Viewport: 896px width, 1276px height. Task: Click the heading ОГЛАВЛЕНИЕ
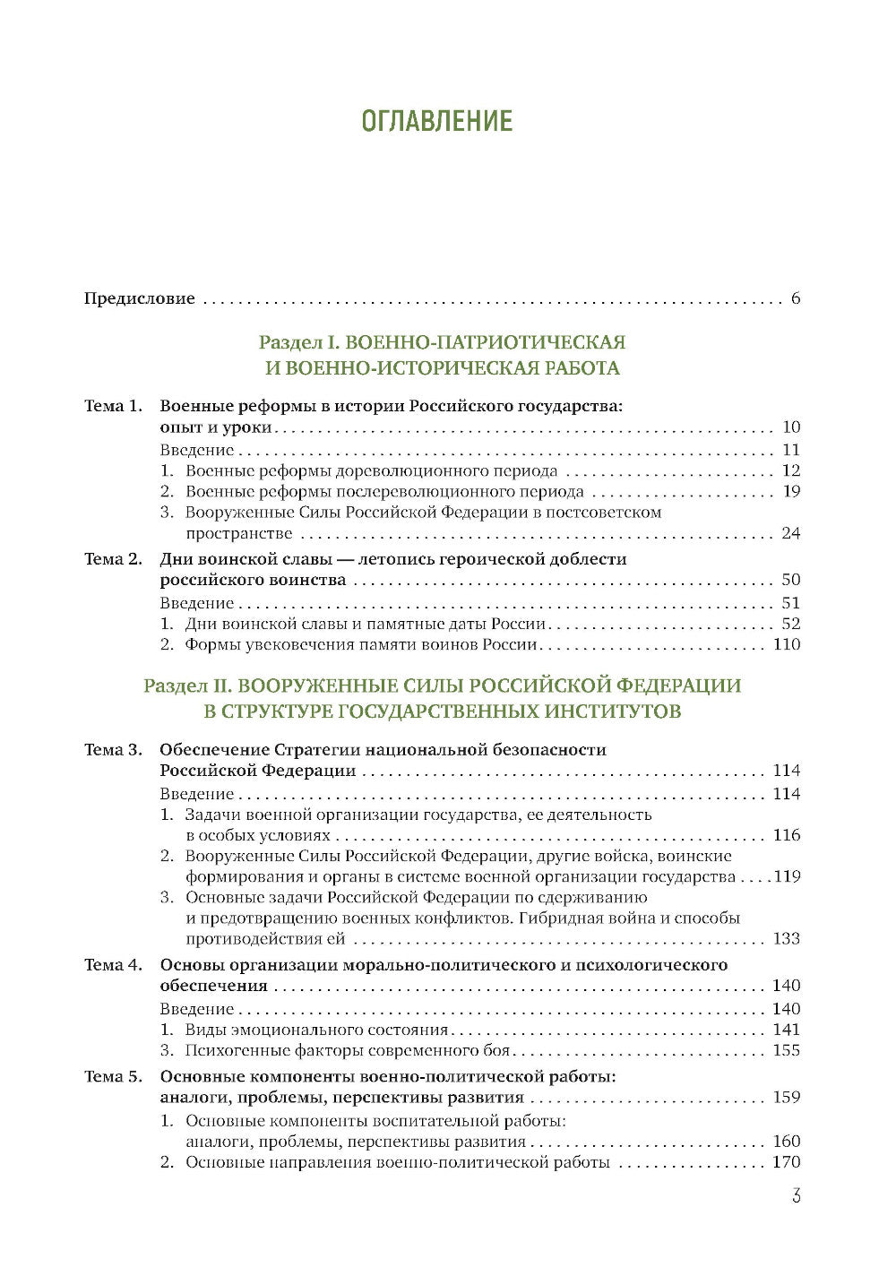point(436,121)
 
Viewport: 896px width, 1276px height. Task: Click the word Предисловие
point(139,298)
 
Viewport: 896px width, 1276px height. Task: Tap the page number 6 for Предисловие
point(796,298)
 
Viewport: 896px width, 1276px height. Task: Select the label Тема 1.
point(113,406)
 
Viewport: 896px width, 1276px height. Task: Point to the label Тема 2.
point(113,559)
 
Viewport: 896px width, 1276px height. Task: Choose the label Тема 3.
point(113,750)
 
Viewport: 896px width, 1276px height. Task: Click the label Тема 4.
point(113,965)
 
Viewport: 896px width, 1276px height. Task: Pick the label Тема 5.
point(113,1077)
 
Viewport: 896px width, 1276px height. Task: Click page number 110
point(786,644)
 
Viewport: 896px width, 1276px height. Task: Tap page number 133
point(786,939)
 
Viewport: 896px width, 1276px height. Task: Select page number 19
point(790,491)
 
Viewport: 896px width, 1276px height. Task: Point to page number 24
point(790,534)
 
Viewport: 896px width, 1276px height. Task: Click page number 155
point(786,1050)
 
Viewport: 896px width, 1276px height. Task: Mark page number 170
point(786,1163)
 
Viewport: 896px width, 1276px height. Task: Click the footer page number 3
point(796,1196)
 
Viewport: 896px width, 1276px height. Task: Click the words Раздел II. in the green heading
point(187,686)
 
